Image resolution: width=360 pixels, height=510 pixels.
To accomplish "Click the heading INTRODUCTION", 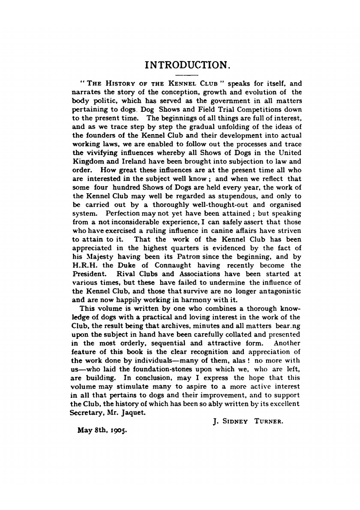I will (x=188, y=66).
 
